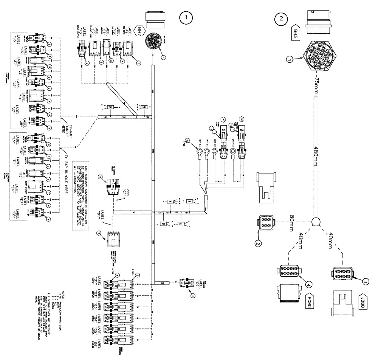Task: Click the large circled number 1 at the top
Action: pos(185,17)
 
